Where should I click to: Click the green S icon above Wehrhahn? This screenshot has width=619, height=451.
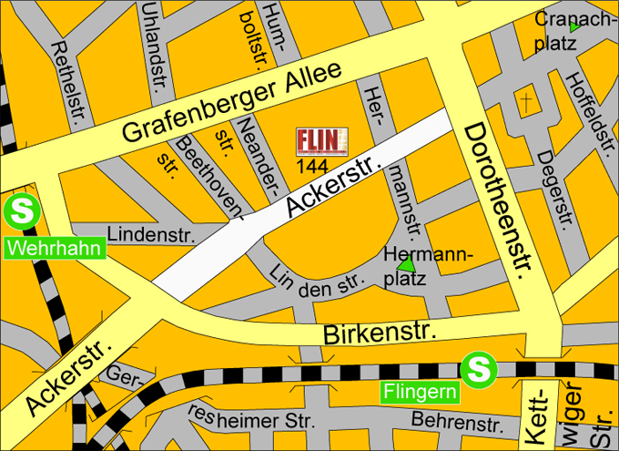[x=20, y=213]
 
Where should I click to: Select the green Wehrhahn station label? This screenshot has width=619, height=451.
[x=54, y=247]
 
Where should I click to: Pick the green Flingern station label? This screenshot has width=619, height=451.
[x=420, y=394]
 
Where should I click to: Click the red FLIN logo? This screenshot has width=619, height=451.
[x=322, y=141]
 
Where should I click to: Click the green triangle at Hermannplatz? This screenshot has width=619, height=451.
[x=407, y=264]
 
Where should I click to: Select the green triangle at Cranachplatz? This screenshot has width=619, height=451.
[x=573, y=30]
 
